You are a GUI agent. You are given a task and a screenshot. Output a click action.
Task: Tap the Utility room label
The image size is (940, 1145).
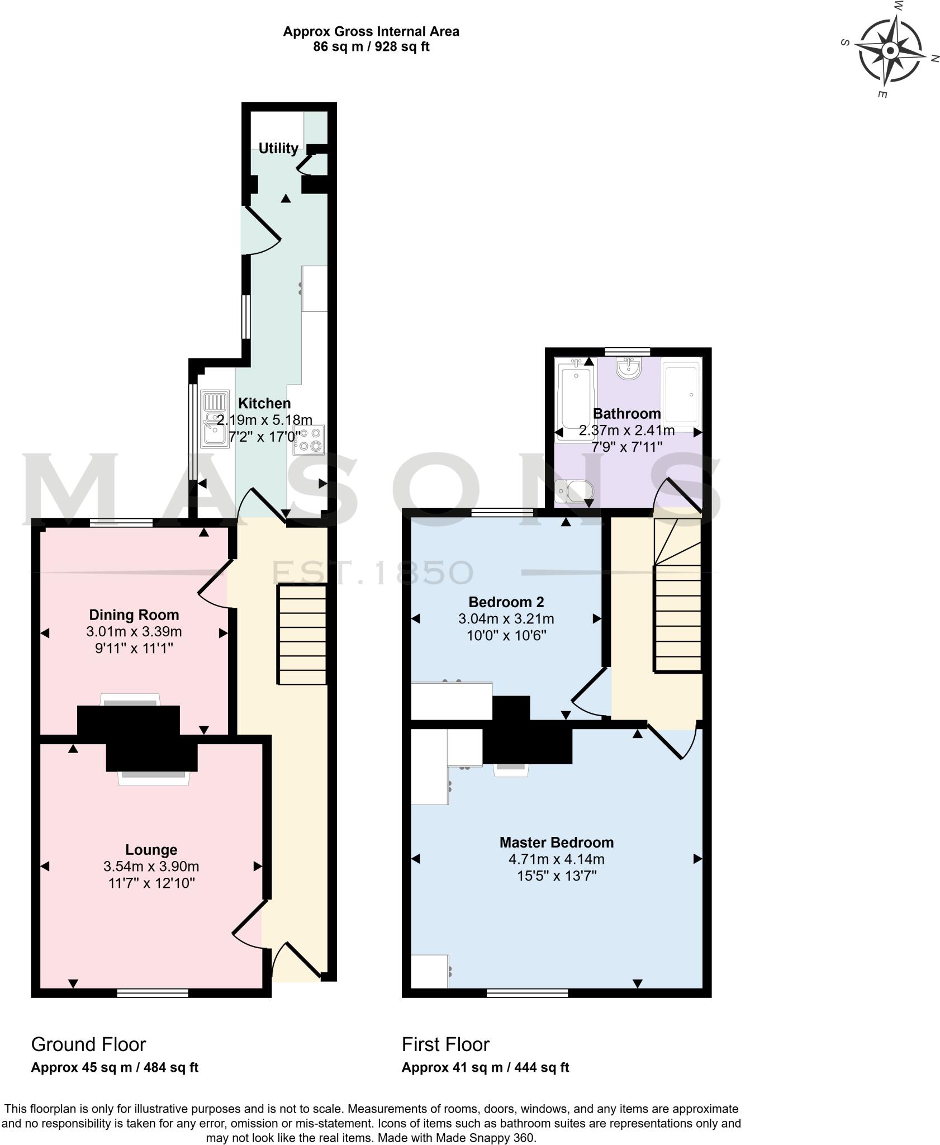tap(278, 148)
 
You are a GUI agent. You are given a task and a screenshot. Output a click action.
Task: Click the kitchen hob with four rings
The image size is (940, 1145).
tap(309, 439)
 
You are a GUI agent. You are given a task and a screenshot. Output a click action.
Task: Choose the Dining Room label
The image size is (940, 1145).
tap(134, 615)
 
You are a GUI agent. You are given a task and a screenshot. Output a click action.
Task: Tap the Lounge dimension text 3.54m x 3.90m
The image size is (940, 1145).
tap(151, 867)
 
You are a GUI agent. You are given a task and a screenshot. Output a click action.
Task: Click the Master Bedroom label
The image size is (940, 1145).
tap(556, 842)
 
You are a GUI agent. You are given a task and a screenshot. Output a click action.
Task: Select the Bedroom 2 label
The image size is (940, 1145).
tap(506, 602)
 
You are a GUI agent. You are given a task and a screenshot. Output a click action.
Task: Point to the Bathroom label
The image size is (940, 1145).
tap(626, 414)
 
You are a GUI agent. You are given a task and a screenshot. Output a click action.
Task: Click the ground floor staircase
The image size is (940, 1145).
tap(302, 634)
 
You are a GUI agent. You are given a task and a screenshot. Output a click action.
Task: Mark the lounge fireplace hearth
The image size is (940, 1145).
tap(154, 778)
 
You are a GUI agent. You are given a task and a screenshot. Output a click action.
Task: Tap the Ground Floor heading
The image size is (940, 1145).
tap(88, 1045)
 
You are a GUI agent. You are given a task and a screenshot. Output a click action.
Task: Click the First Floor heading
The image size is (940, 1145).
tap(445, 1045)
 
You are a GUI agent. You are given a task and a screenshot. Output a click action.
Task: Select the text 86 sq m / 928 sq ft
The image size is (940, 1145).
tap(371, 47)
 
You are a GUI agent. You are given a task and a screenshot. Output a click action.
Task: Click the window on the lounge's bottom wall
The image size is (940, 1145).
tap(153, 993)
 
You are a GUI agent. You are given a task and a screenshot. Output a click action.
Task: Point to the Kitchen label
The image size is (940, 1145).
tap(264, 403)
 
